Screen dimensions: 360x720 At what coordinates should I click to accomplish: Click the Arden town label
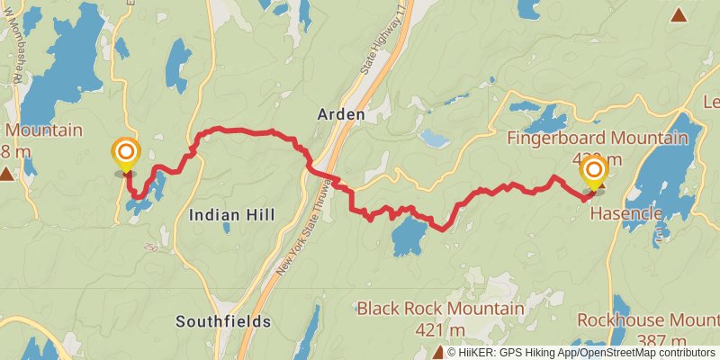341,115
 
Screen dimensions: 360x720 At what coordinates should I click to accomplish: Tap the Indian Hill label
231,214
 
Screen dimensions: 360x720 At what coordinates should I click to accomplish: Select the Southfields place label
223,320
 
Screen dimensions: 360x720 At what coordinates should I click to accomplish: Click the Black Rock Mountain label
440,309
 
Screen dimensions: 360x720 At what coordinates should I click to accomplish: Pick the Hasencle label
626,214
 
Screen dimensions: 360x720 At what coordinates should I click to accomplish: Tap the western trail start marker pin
125,154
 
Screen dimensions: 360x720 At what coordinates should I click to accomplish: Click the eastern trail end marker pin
594,172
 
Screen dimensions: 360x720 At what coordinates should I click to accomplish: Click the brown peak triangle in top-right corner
678,14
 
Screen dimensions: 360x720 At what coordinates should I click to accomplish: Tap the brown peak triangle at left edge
7,173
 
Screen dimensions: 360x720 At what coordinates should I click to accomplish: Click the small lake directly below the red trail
409,237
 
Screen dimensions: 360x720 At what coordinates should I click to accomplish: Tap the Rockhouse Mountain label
648,320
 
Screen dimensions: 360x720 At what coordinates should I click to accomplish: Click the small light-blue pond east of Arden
434,138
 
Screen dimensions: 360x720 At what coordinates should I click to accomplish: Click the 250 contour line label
149,247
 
